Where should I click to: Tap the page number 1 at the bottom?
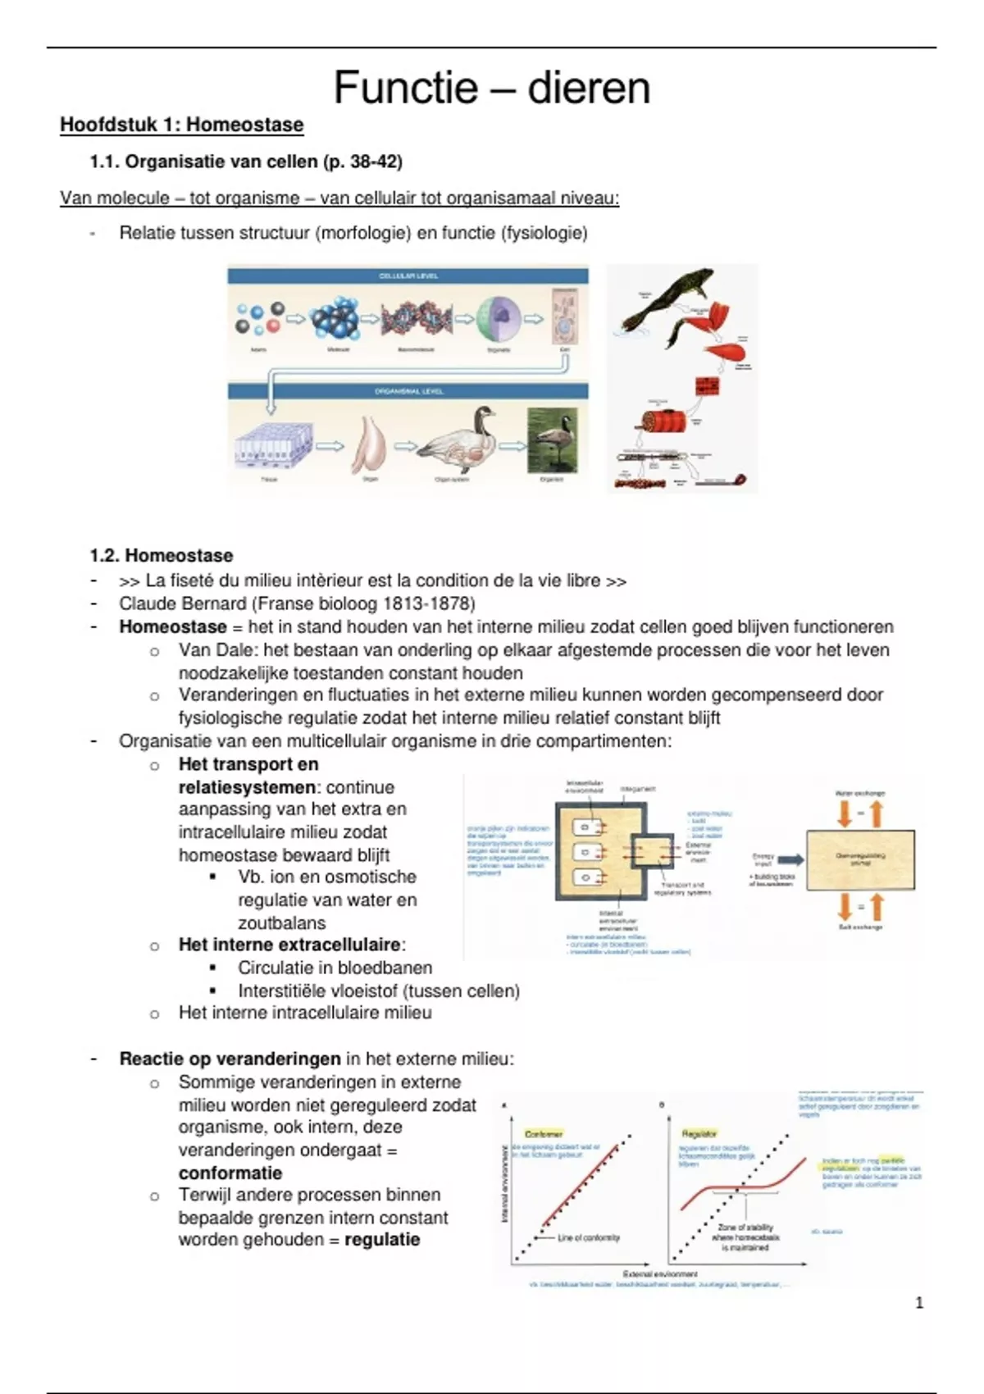tap(918, 1302)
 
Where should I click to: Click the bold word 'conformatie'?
tap(230, 1173)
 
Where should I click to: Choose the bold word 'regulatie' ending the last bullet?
tap(382, 1239)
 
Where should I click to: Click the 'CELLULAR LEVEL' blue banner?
tap(408, 276)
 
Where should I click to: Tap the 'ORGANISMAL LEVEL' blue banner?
tap(408, 391)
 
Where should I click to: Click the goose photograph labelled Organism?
tap(551, 440)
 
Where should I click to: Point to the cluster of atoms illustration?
tap(257, 319)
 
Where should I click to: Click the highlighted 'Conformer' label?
tap(543, 1133)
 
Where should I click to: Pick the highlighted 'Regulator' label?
tap(699, 1133)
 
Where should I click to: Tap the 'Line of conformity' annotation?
tap(589, 1237)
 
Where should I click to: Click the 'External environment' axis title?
tap(660, 1274)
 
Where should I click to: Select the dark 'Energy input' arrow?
tap(790, 859)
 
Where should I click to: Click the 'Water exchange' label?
tap(859, 794)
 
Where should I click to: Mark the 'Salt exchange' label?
tap(860, 927)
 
